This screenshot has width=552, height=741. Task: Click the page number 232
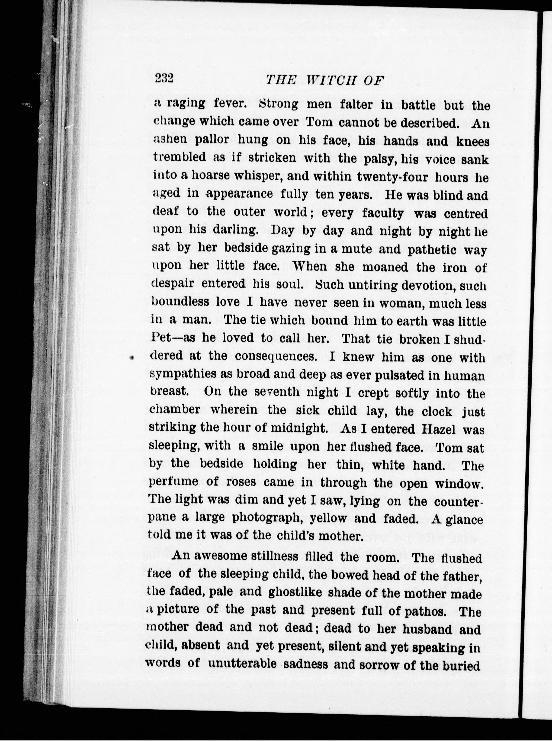click(x=164, y=79)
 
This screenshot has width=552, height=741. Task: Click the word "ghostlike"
click(x=295, y=592)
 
